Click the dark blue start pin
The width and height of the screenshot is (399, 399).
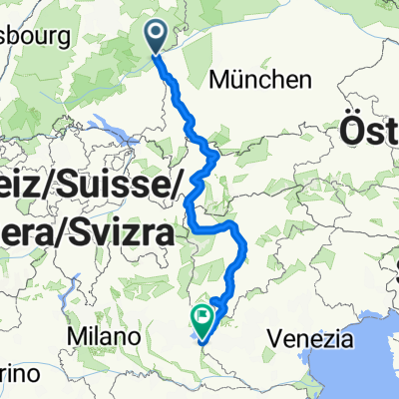pos(158,36)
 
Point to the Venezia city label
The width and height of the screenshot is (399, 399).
pos(310,339)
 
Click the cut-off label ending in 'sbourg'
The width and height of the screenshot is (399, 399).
pos(34,38)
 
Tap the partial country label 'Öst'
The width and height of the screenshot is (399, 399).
pos(370,130)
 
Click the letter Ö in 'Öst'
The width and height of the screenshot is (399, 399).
pos(352,130)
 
